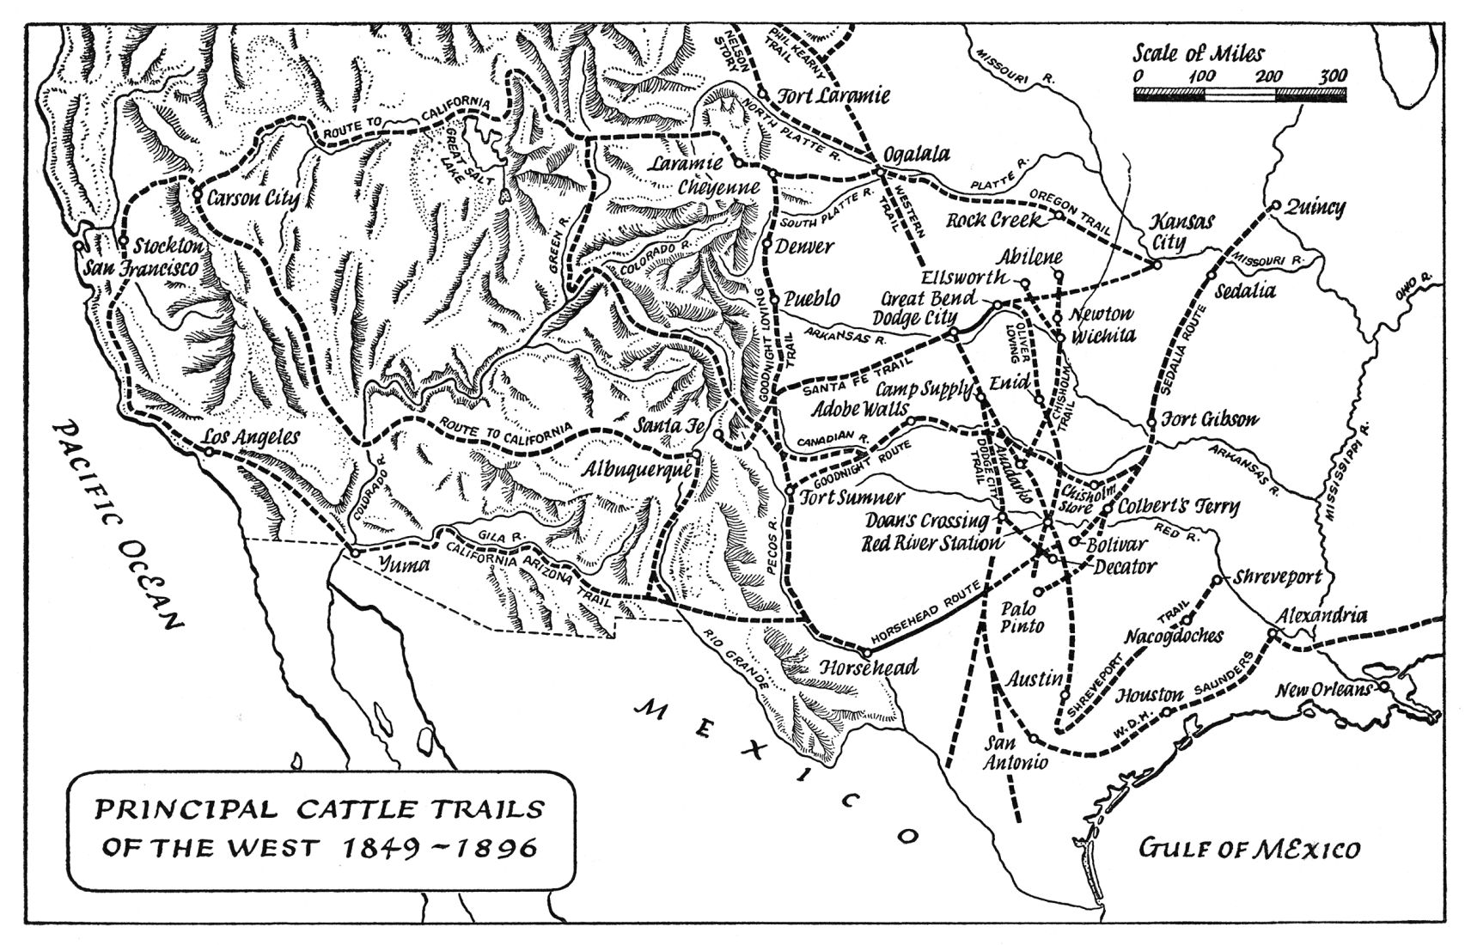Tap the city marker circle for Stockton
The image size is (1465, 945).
pyautogui.click(x=124, y=241)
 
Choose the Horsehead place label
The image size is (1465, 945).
pyautogui.click(x=870, y=667)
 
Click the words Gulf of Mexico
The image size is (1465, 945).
pyautogui.click(x=1249, y=850)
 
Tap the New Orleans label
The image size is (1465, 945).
pyautogui.click(x=1323, y=690)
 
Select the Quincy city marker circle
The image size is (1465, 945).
pyautogui.click(x=1276, y=206)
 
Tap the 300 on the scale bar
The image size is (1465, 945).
pyautogui.click(x=1333, y=76)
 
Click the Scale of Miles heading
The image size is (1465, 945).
pyautogui.click(x=1198, y=53)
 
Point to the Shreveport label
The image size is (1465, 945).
pyautogui.click(x=1279, y=577)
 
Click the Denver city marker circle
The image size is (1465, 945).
pyautogui.click(x=767, y=244)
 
